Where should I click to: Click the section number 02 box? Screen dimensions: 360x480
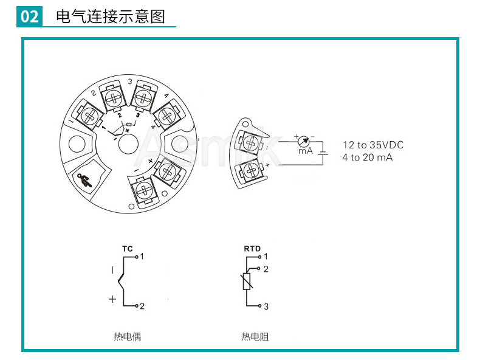point(29,16)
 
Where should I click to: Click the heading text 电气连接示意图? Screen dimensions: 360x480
point(110,16)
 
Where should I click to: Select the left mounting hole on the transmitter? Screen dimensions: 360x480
point(78,144)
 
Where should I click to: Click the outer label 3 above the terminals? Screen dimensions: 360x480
point(130,81)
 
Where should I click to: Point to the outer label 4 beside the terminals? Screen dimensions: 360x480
point(166,95)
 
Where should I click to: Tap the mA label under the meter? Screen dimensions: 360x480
point(305,151)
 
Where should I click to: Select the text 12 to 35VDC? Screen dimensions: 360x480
point(372,145)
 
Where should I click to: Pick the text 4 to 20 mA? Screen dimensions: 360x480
point(368,157)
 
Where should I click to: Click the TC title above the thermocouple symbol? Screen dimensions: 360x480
point(128,249)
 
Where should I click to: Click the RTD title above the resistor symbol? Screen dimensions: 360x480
point(252,249)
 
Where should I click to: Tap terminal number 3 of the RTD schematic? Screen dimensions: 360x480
point(266,306)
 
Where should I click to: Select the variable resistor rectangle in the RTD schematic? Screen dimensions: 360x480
point(247,282)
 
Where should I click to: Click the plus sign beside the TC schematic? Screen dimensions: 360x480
point(112,299)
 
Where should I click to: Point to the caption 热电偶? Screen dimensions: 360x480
point(127,336)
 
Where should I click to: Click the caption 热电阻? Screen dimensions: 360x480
point(255,336)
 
